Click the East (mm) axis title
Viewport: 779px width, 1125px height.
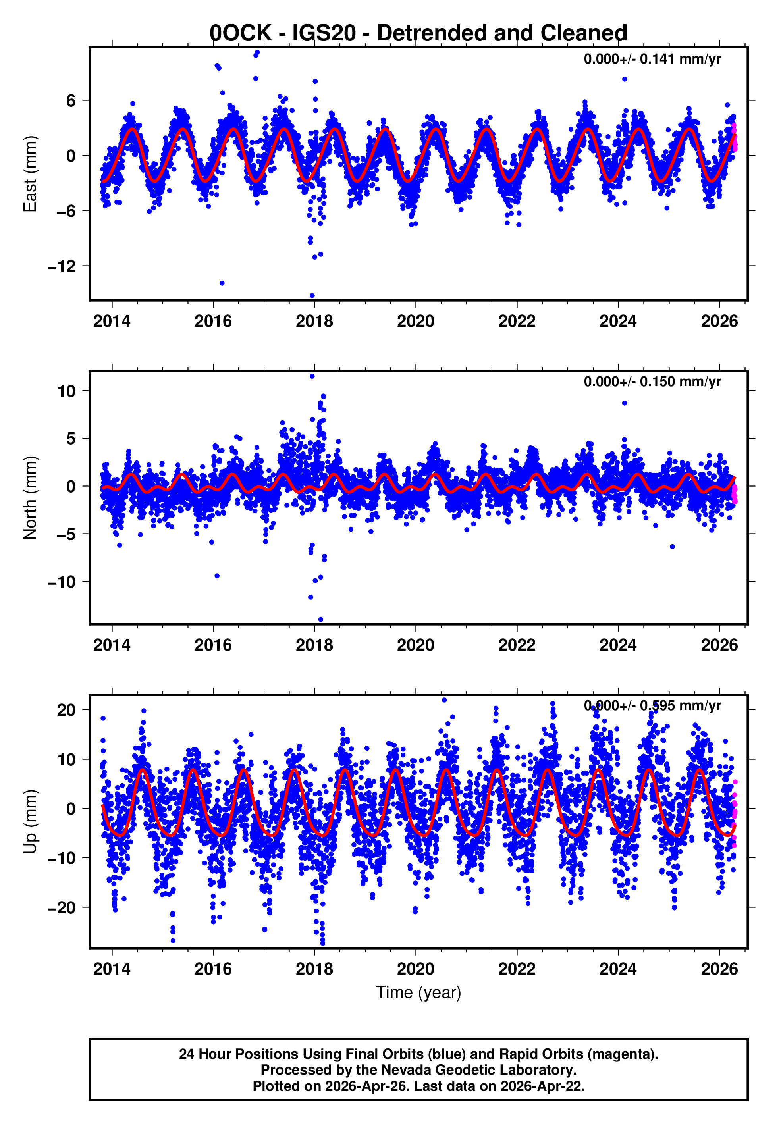pos(30,174)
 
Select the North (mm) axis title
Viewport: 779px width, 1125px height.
pos(30,498)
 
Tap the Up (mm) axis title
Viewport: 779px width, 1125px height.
pos(30,822)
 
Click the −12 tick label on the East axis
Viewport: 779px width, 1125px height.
pos(62,266)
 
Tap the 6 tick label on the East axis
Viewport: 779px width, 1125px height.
pos(71,101)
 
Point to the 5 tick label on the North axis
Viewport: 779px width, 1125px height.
pos(71,439)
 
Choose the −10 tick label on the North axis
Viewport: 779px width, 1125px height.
pos(62,582)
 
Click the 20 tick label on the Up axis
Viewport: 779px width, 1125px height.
pos(66,710)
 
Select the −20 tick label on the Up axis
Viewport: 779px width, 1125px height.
pos(62,908)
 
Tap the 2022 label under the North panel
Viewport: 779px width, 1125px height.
pos(517,645)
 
